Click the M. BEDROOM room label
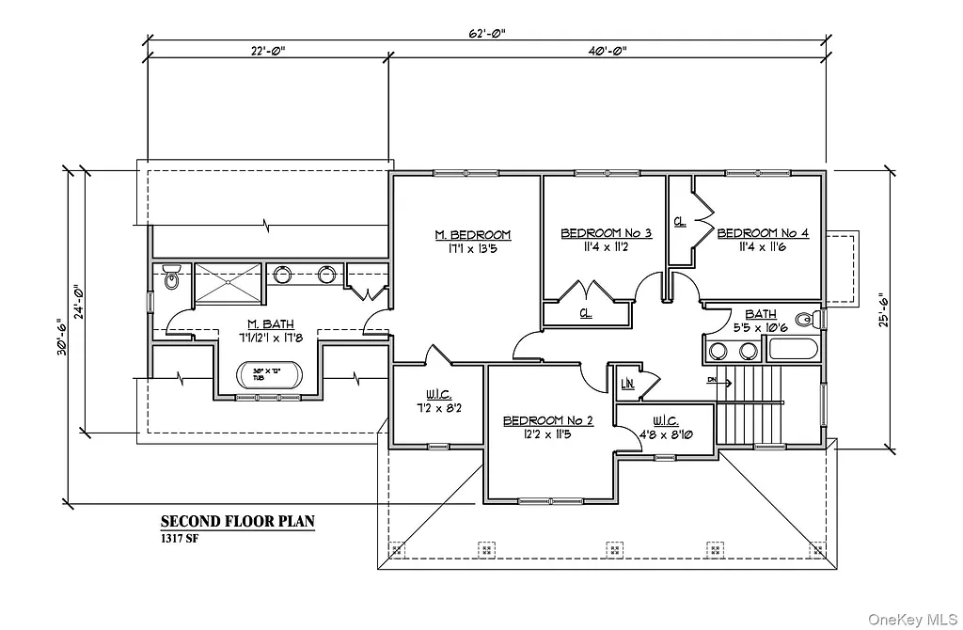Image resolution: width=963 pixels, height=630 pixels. (472, 234)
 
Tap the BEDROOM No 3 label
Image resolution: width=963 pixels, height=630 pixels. (607, 232)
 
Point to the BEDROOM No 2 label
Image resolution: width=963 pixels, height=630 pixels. (547, 420)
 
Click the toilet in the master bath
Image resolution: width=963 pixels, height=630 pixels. (171, 278)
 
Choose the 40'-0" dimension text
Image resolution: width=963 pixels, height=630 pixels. (606, 51)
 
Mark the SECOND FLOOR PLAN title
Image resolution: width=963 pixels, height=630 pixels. (237, 521)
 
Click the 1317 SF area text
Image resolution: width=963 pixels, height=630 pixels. (179, 539)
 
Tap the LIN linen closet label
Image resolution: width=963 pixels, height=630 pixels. (627, 384)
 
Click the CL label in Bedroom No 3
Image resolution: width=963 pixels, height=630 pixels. (585, 312)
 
